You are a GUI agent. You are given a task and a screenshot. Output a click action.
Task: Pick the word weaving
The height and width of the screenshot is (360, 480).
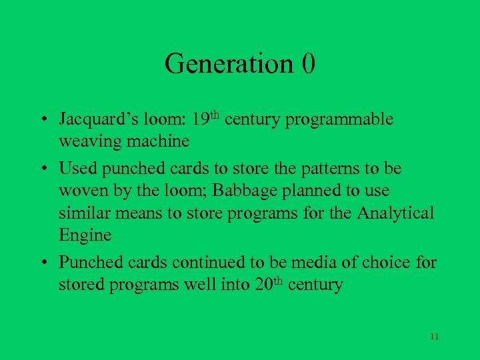pyautogui.click(x=86, y=142)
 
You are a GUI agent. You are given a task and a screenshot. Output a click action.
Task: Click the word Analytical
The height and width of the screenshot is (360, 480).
pyautogui.click(x=395, y=213)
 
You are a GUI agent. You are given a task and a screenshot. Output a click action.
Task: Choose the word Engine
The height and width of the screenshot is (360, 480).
pyautogui.click(x=85, y=236)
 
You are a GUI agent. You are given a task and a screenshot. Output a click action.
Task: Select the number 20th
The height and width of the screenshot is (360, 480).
pyautogui.click(x=270, y=285)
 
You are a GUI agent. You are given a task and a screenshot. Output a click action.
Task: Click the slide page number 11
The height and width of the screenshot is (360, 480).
pyautogui.click(x=434, y=336)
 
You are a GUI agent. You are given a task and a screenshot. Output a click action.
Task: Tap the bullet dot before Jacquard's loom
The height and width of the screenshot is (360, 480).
pyautogui.click(x=43, y=121)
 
